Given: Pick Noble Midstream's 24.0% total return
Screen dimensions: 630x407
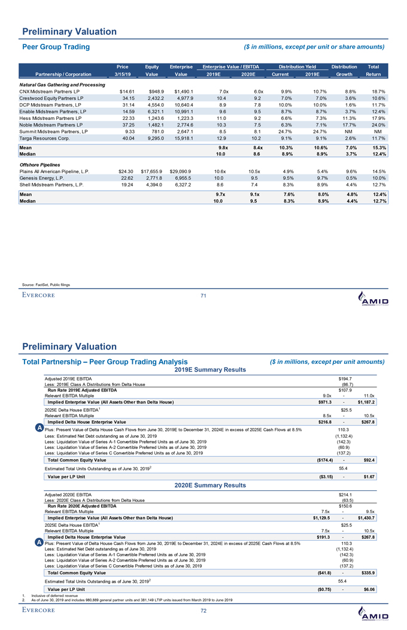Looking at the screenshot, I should pyautogui.click(x=378, y=125).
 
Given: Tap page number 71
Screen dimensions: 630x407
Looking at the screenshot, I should pyautogui.click(x=203, y=296).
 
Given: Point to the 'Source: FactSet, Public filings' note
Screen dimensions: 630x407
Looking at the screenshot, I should pyautogui.click(x=47, y=284).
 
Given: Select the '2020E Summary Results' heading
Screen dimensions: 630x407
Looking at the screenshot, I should pyautogui.click(x=203, y=484).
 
